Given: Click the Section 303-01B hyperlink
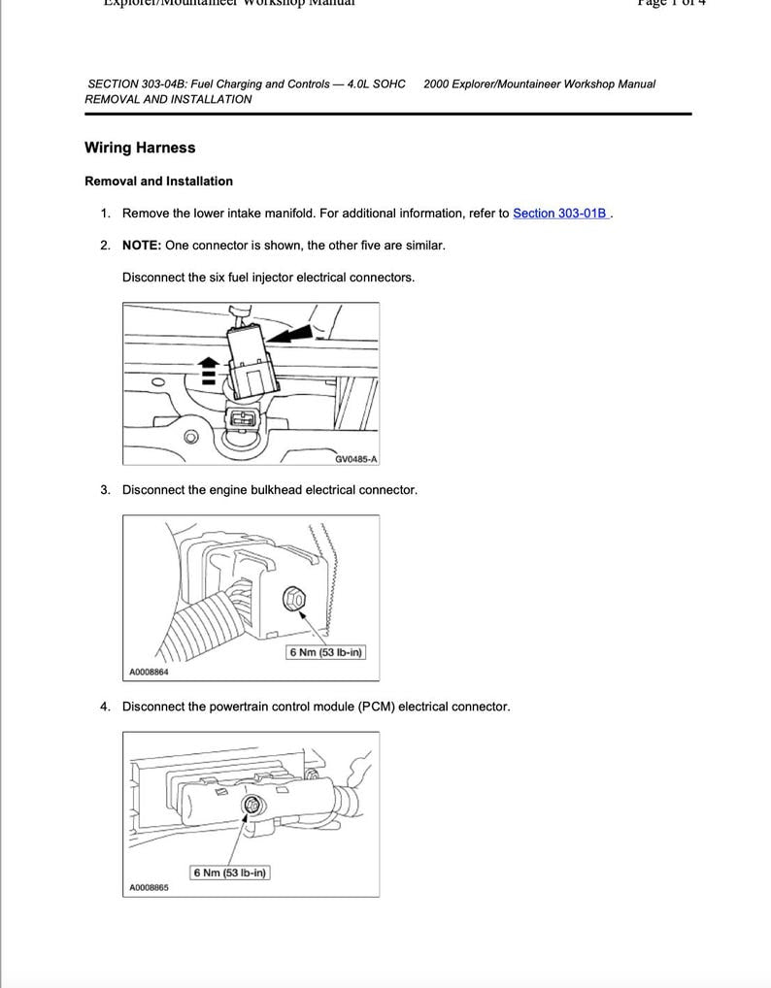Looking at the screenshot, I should pyautogui.click(x=559, y=214).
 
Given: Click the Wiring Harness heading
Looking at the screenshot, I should pyautogui.click(x=140, y=148).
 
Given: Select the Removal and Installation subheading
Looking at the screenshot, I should pyautogui.click(x=158, y=181).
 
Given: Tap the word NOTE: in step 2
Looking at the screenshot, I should pyautogui.click(x=142, y=246).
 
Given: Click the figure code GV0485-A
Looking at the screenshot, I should pyautogui.click(x=355, y=459).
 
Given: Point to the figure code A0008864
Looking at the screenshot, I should pyautogui.click(x=149, y=672).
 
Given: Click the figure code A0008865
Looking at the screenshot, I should pyautogui.click(x=149, y=887).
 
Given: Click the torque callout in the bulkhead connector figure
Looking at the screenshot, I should pyautogui.click(x=325, y=652).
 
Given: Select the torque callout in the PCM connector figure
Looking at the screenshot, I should pyautogui.click(x=229, y=873).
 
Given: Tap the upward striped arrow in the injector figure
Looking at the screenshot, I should pyautogui.click(x=207, y=371).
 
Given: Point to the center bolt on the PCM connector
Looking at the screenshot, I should pyautogui.click(x=251, y=805).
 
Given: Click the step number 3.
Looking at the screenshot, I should pyautogui.click(x=105, y=490).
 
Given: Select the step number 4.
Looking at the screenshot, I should pyautogui.click(x=105, y=707).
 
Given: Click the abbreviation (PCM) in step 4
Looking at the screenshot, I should pyautogui.click(x=376, y=707).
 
